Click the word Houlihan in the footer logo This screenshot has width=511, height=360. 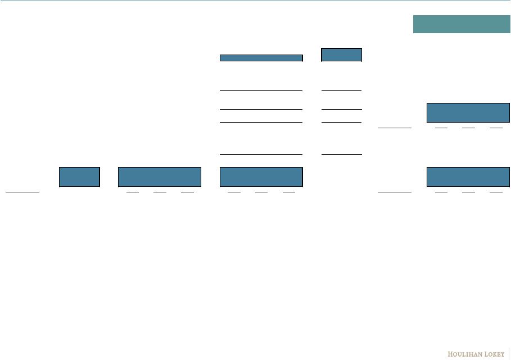(464, 354)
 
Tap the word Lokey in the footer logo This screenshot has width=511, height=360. (492, 354)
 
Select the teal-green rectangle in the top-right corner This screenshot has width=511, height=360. (462, 24)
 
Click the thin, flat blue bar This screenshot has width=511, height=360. (261, 57)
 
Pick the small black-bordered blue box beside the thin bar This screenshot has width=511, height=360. (341, 55)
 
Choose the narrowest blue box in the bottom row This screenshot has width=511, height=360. (79, 177)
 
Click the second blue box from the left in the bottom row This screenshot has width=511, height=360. (160, 177)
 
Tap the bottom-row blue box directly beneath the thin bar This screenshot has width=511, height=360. (261, 177)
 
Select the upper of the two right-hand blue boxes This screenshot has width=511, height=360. (468, 112)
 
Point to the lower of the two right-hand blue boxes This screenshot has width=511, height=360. (468, 177)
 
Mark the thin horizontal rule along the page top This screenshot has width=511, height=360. (255, 1)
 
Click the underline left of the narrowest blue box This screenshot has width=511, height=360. (22, 192)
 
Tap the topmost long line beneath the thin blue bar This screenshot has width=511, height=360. (261, 90)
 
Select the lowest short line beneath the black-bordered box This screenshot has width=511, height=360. (341, 154)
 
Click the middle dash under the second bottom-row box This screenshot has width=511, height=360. (160, 192)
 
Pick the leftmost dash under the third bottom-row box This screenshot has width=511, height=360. (234, 192)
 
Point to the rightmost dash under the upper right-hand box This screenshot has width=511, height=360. (495, 128)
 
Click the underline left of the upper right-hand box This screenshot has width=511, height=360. (395, 128)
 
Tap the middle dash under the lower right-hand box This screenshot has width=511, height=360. (468, 192)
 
